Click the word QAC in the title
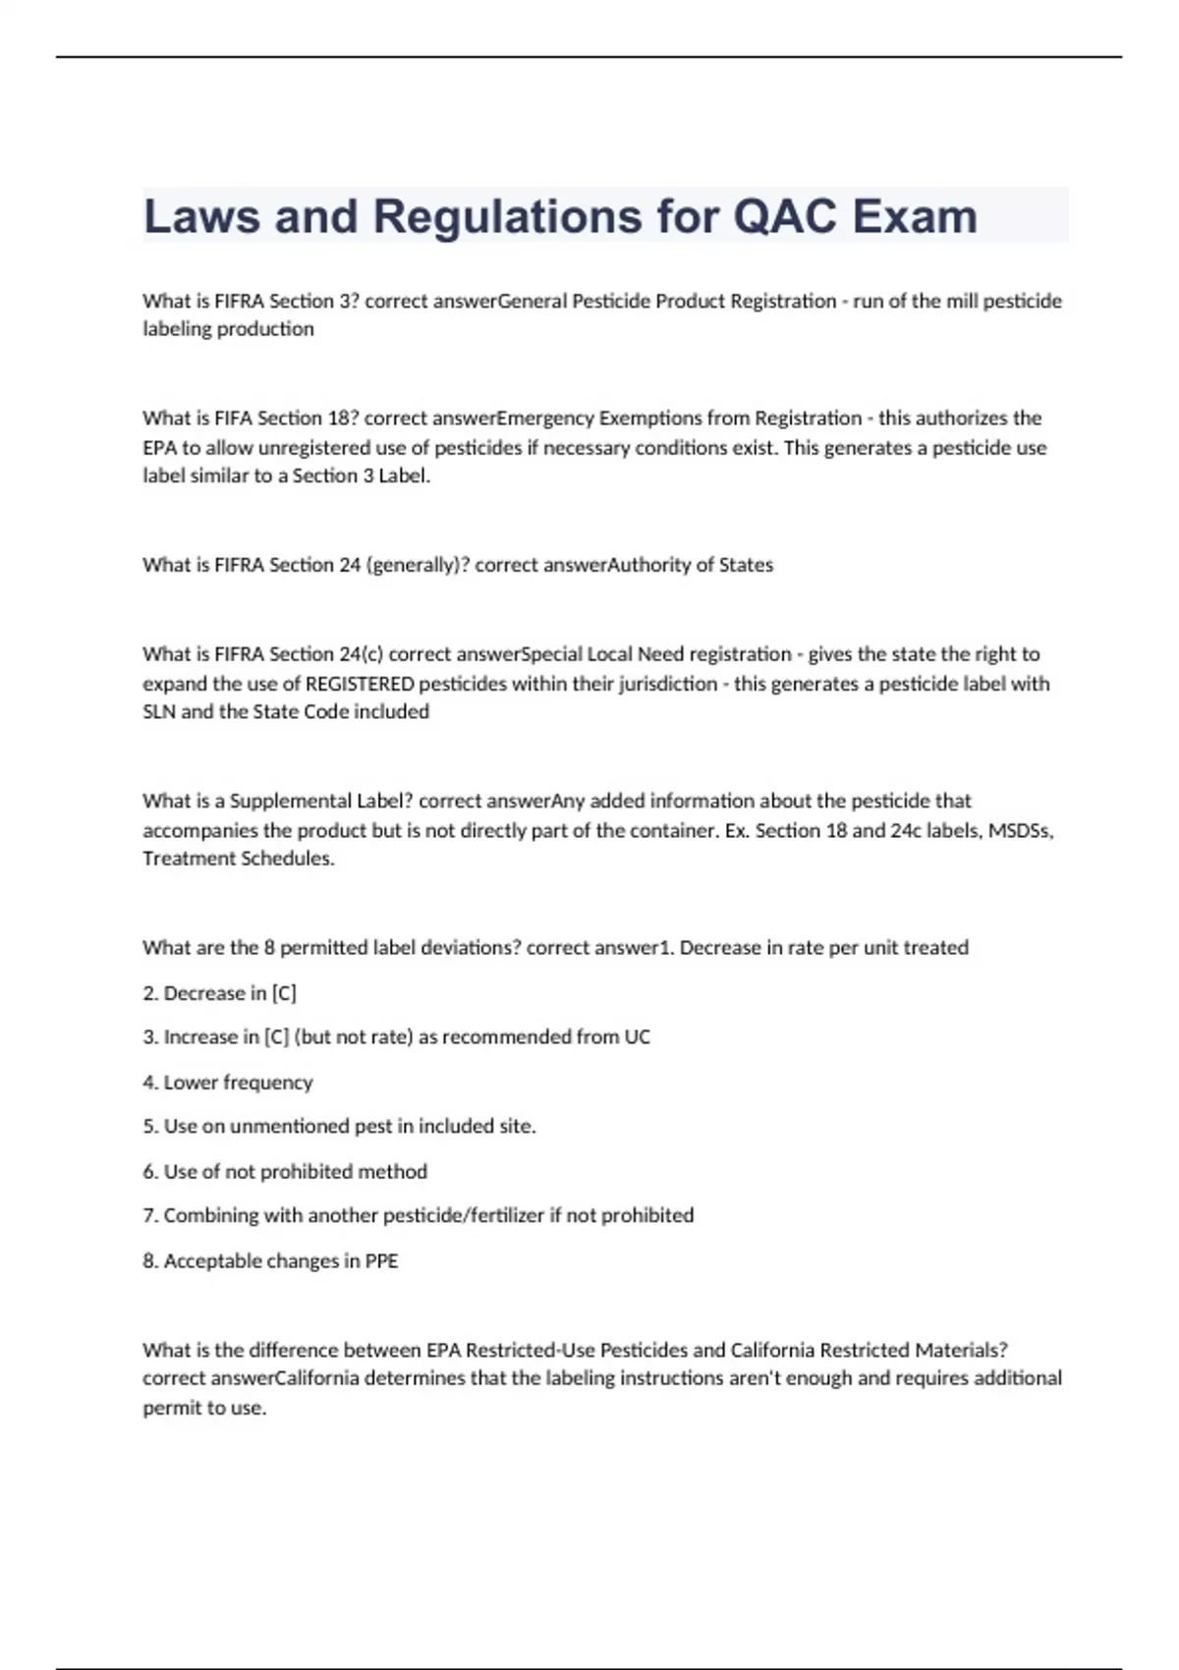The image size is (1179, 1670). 785,217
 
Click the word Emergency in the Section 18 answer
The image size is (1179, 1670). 545,418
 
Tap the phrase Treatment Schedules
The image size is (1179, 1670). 238,859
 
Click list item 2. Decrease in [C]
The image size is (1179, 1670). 219,993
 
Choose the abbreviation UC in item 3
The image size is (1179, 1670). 637,1037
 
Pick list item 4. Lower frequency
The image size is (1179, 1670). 227,1083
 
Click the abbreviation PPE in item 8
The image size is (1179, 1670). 381,1261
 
